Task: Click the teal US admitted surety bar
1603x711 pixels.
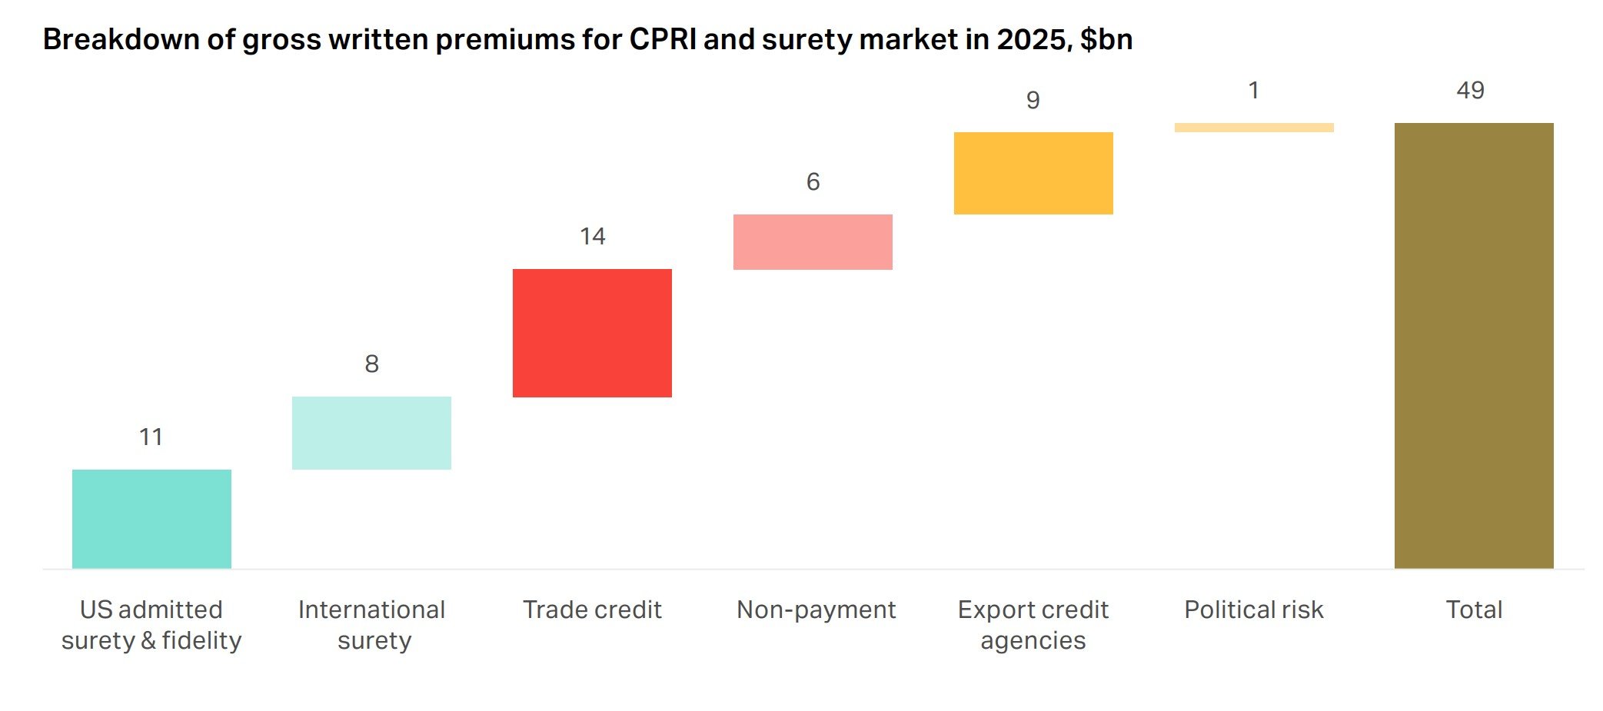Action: pyautogui.click(x=151, y=519)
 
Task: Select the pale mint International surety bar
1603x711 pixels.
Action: pyautogui.click(x=371, y=433)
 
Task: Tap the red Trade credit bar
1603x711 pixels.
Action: pyautogui.click(x=592, y=333)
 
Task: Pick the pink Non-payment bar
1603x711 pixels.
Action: pyautogui.click(x=813, y=242)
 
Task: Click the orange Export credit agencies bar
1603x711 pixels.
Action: pyautogui.click(x=1033, y=173)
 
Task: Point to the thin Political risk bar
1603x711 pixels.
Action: pyautogui.click(x=1254, y=128)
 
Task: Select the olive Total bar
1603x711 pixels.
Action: pyautogui.click(x=1474, y=346)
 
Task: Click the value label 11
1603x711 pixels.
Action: pyautogui.click(x=151, y=437)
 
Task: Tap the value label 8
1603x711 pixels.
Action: pyautogui.click(x=371, y=364)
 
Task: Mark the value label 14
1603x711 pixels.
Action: pyautogui.click(x=592, y=236)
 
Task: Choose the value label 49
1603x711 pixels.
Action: pyautogui.click(x=1470, y=90)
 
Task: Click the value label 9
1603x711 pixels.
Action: pyautogui.click(x=1033, y=100)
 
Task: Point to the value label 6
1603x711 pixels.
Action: pyautogui.click(x=813, y=181)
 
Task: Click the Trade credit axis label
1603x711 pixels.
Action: pyautogui.click(x=592, y=610)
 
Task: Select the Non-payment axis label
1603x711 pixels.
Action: pyautogui.click(x=816, y=610)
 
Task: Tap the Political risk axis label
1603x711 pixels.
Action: pyautogui.click(x=1253, y=610)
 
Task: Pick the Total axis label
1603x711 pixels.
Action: pyautogui.click(x=1474, y=610)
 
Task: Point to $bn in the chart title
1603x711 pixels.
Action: pyautogui.click(x=1106, y=39)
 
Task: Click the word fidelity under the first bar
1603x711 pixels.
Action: pyautogui.click(x=201, y=640)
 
